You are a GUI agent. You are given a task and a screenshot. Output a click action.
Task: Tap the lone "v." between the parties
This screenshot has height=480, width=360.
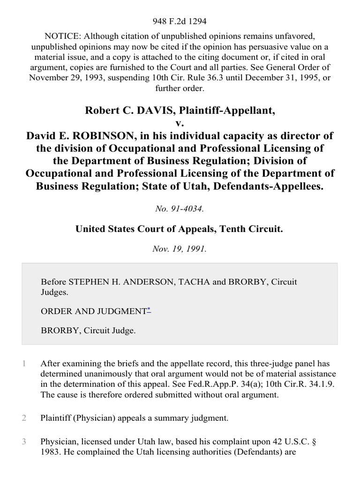(x=180, y=123)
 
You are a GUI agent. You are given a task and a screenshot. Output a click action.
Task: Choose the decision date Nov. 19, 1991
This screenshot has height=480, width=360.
(x=180, y=249)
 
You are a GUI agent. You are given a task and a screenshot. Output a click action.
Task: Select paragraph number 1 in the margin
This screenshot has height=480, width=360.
(x=24, y=362)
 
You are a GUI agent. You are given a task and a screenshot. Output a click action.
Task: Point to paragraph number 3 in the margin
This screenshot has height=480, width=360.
(x=24, y=441)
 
